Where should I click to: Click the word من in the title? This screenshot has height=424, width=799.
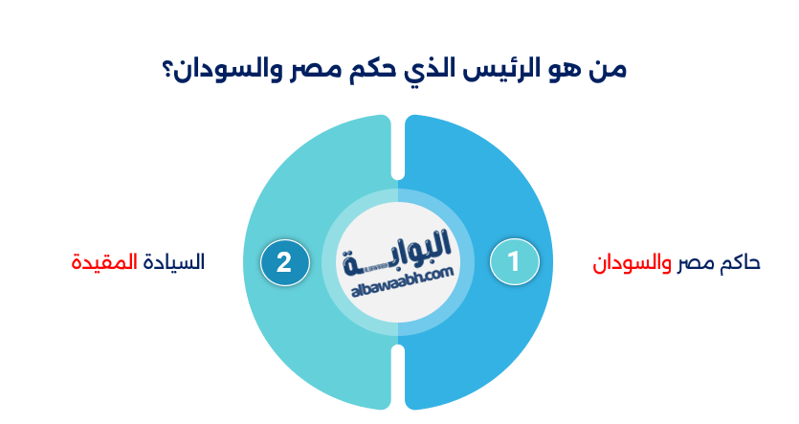[x=610, y=70]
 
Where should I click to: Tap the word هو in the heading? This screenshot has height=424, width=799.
[x=570, y=70]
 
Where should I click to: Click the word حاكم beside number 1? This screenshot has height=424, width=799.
[x=739, y=262]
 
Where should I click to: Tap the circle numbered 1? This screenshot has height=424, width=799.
[x=514, y=262]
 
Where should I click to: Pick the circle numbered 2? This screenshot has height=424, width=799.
[x=284, y=262]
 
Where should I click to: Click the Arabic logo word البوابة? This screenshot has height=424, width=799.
[x=399, y=252]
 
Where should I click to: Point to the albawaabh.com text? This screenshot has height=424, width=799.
[x=397, y=276]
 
